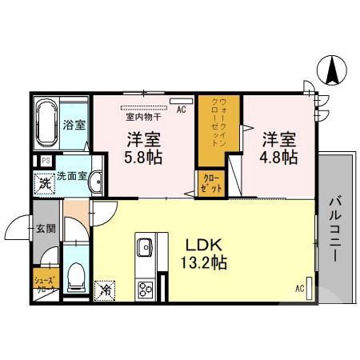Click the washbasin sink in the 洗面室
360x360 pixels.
96,182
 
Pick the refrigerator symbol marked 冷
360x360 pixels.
104,290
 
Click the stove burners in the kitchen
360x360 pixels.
146,288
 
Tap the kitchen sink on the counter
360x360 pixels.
146,246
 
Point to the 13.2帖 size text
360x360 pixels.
204,262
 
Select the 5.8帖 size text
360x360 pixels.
144,157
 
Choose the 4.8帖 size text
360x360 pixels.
278,157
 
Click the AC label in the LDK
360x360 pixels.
300,289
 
